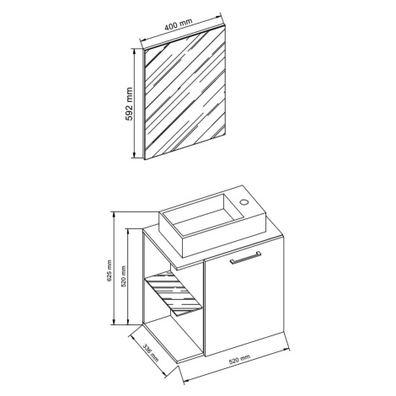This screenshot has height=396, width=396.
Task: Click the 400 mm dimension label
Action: pyautogui.click(x=179, y=24)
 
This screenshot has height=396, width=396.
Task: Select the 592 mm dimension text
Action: pyautogui.click(x=129, y=104)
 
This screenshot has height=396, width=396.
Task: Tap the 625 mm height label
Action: pyautogui.click(x=110, y=270)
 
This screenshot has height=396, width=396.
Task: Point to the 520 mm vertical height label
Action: pyautogui.click(x=123, y=276)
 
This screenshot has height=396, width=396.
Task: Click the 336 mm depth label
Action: pyautogui.click(x=151, y=352)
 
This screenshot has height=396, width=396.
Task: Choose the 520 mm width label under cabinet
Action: pyautogui.click(x=239, y=360)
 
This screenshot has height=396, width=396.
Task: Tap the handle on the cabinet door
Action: pyautogui.click(x=245, y=258)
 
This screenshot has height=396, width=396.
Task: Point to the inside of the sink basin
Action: pyautogui.click(x=204, y=213)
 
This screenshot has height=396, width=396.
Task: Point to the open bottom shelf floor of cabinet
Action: pyautogui.click(x=173, y=340)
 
